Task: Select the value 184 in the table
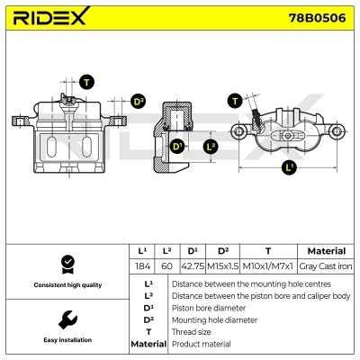pos(141,267)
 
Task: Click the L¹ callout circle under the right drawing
pos(289,167)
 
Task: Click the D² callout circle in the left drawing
pos(139,101)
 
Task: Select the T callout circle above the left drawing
pos(86,83)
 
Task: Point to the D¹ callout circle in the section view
pos(177,146)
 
